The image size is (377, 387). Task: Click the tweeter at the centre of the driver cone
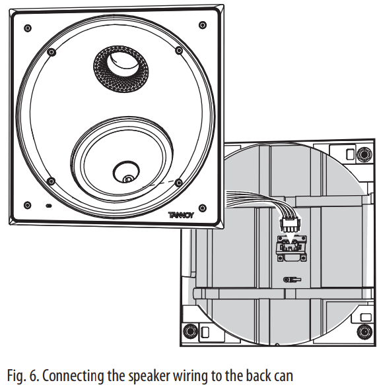coord(126,176)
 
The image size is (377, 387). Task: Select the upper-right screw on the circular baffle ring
coord(179,50)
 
